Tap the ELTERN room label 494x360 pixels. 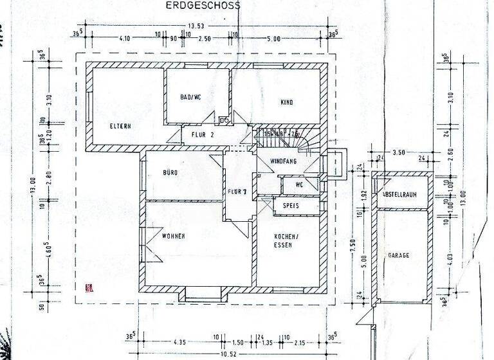(x=120, y=126)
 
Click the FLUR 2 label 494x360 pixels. (x=202, y=136)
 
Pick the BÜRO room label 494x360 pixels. (x=170, y=173)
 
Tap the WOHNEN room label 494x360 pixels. (x=174, y=237)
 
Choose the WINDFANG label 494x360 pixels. (x=283, y=161)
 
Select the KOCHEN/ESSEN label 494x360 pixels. (x=284, y=240)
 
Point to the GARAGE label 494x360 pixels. (x=398, y=255)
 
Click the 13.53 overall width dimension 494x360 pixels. (x=196, y=26)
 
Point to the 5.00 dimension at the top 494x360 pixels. (x=275, y=39)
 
